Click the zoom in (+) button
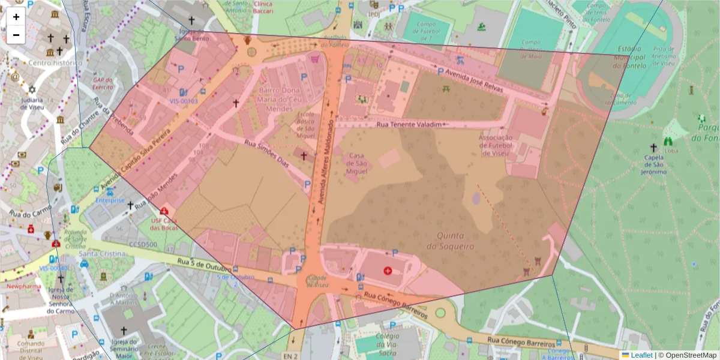click(16, 17)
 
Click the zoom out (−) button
click(16, 35)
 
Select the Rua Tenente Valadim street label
click(412, 124)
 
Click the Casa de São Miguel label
click(357, 164)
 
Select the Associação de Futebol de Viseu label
click(495, 145)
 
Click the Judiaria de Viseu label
click(32, 104)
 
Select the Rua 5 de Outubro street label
click(203, 265)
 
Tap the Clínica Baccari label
click(255, 7)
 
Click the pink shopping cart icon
click(314, 59)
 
